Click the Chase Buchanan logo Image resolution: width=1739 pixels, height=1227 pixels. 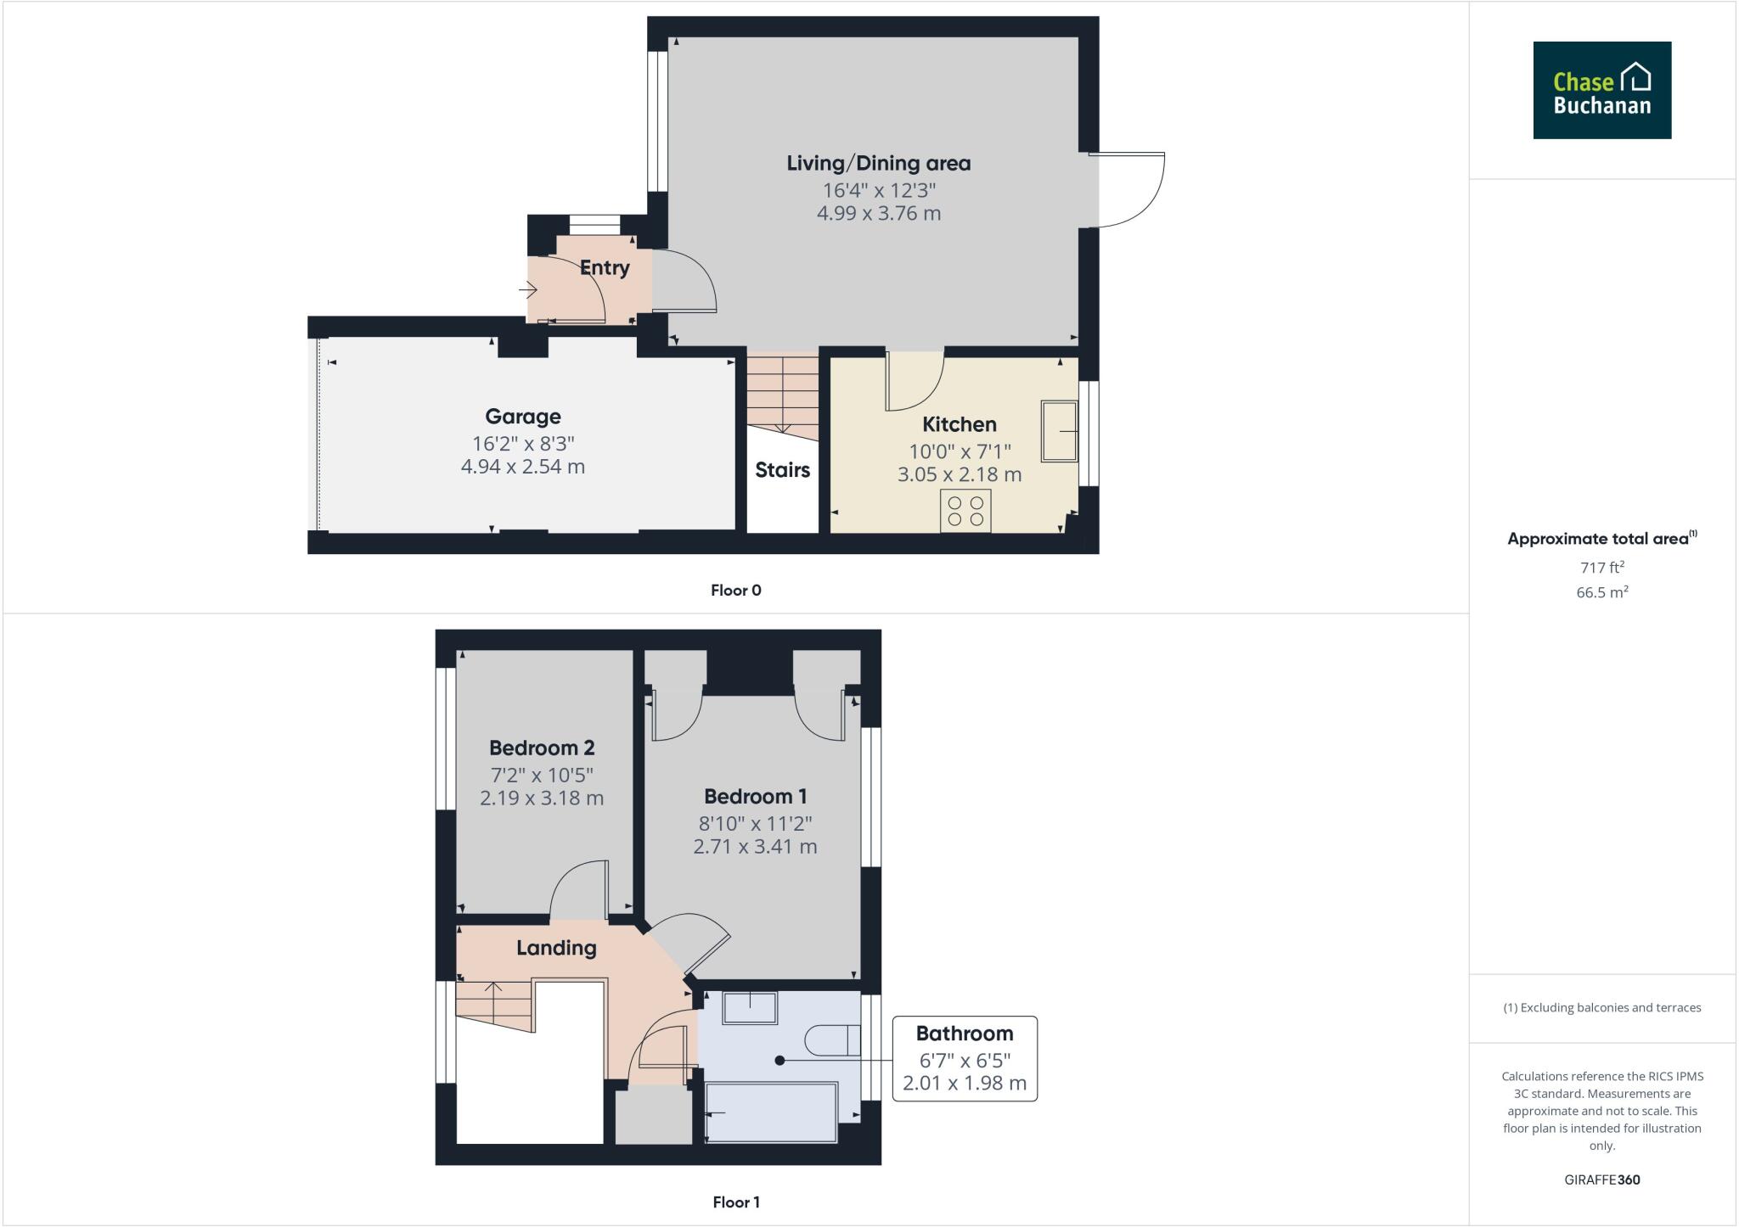[1601, 90]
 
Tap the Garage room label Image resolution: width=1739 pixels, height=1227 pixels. [523, 417]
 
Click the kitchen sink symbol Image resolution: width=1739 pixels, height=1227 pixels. [1060, 431]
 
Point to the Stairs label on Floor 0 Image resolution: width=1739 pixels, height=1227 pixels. [782, 470]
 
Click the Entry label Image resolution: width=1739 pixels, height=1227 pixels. [605, 268]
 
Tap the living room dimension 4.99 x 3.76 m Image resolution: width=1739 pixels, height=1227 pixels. [878, 213]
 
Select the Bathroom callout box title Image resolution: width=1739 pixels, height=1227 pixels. [964, 1034]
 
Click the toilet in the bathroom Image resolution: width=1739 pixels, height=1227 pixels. [832, 1040]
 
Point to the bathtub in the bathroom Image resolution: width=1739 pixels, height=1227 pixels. [771, 1112]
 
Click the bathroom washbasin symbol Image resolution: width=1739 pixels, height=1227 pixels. [750, 1007]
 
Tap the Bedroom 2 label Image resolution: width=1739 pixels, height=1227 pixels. [542, 748]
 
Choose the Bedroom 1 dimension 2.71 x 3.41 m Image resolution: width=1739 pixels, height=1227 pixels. [755, 846]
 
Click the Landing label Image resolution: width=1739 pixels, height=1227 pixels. [556, 948]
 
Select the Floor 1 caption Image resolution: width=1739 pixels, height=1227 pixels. [736, 1202]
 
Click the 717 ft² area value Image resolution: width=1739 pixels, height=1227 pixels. [1601, 568]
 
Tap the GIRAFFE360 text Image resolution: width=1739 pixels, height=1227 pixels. [1601, 1179]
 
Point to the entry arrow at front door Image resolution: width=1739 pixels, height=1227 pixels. [528, 291]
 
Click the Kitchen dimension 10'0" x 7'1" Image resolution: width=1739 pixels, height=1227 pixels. [960, 451]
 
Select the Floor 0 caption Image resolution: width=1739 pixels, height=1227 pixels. [736, 591]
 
